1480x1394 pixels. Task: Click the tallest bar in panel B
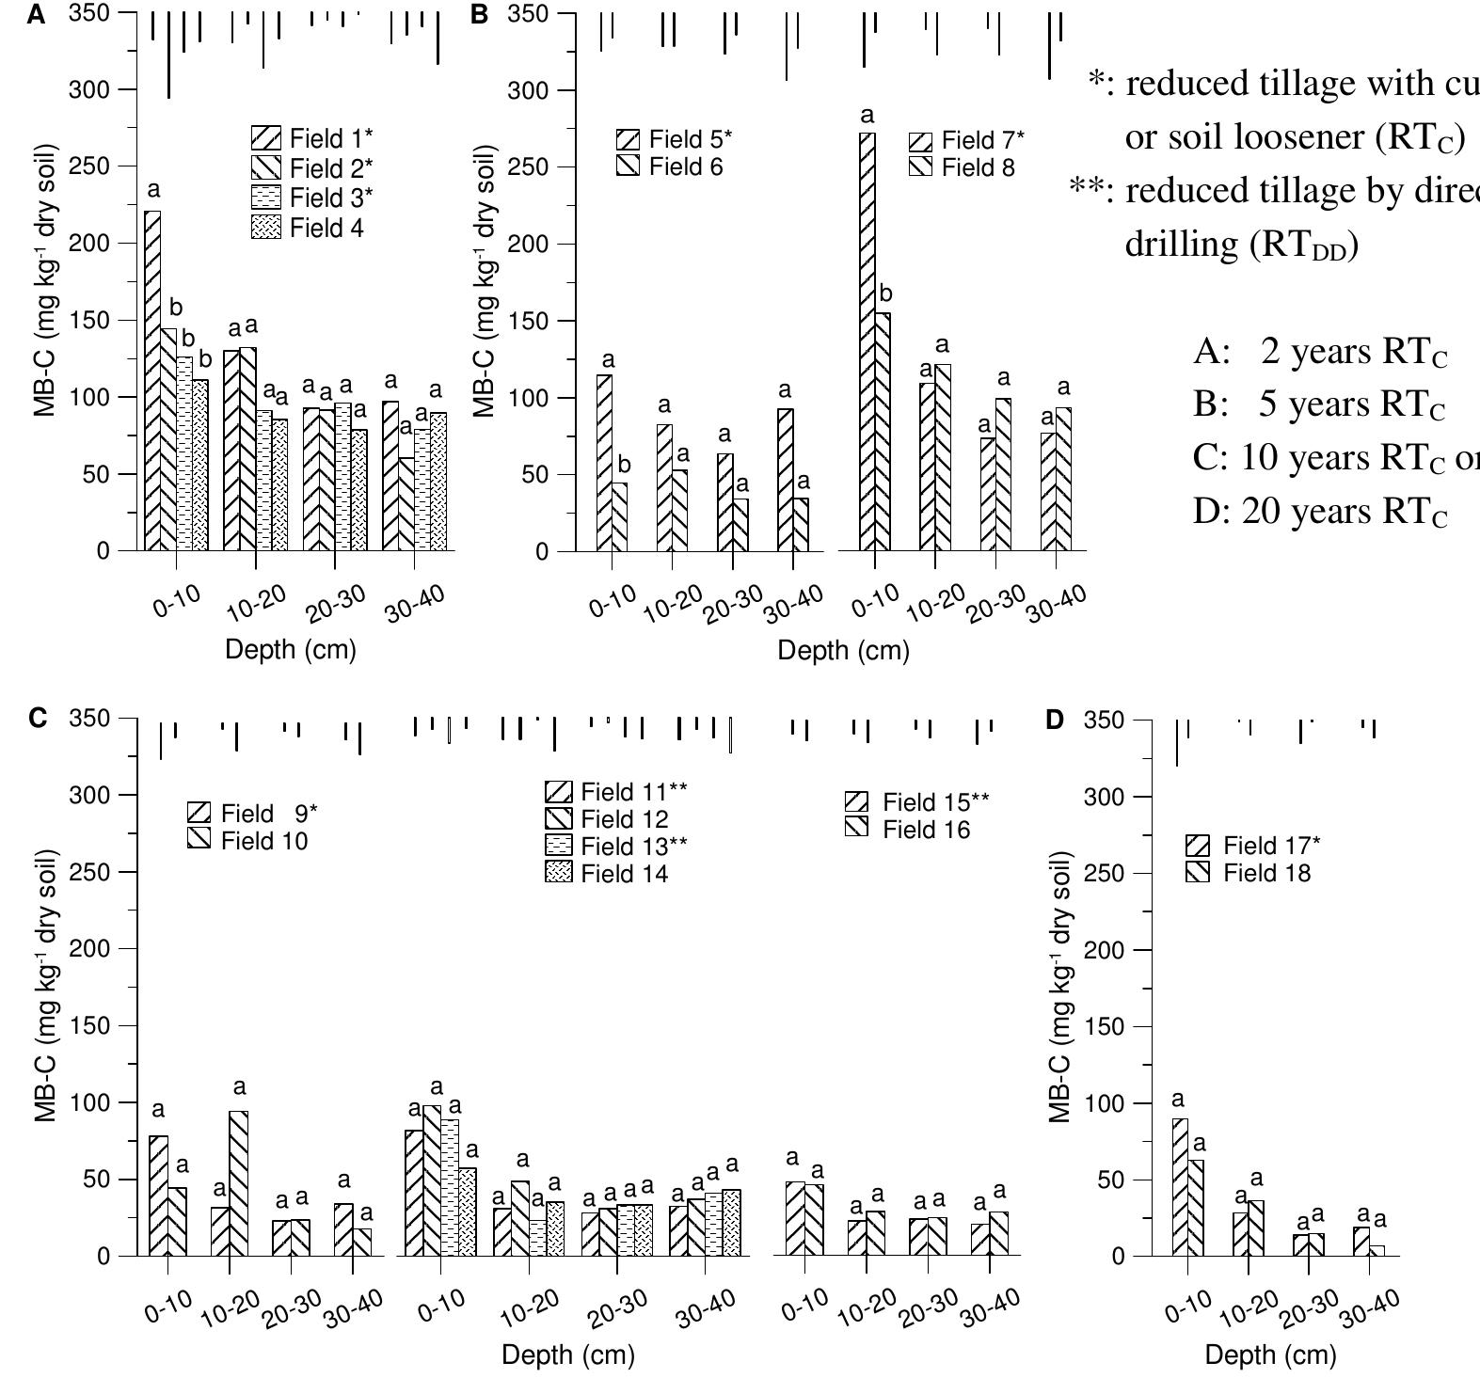(867, 341)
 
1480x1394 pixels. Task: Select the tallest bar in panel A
(152, 380)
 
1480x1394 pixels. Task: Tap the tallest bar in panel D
(1180, 1187)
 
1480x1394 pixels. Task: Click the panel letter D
(1054, 721)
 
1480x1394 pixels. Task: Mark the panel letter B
(480, 15)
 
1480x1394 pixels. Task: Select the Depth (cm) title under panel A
(291, 650)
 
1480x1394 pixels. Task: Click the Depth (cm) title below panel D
(1270, 1355)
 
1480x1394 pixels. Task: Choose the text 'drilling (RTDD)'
(1242, 245)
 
